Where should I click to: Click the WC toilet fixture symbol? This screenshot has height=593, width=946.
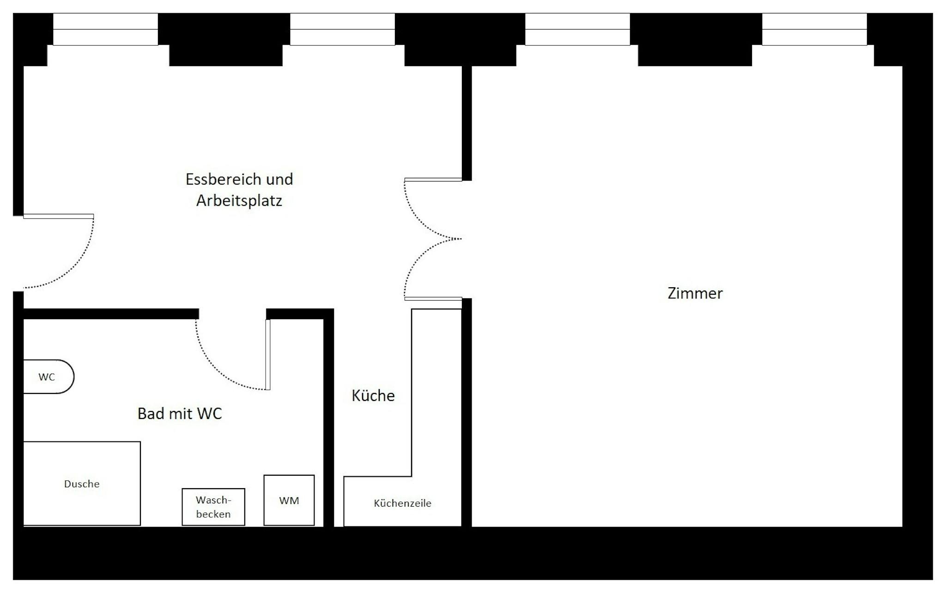click(x=49, y=376)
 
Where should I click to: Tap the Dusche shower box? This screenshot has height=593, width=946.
click(x=82, y=483)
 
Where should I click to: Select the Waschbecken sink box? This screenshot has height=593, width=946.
click(x=213, y=507)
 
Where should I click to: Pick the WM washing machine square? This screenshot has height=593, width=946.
click(x=289, y=500)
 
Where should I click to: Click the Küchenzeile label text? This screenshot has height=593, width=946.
click(x=402, y=503)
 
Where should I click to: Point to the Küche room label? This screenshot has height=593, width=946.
click(x=373, y=395)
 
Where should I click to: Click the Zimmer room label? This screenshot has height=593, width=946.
click(x=695, y=293)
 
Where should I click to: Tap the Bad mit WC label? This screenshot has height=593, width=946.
click(x=180, y=413)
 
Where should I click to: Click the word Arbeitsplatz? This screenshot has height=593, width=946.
click(x=239, y=201)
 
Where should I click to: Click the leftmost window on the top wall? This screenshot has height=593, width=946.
click(x=106, y=29)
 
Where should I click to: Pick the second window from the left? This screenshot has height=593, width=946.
click(x=342, y=29)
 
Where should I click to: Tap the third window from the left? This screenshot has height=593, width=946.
click(x=577, y=29)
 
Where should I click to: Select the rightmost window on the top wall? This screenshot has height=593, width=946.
click(x=814, y=29)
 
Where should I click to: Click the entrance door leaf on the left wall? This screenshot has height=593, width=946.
click(x=59, y=216)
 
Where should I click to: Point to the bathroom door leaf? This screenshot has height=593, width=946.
click(x=268, y=355)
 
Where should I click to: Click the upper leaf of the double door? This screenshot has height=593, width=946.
click(x=433, y=180)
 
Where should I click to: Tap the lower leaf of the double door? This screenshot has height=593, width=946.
click(x=433, y=299)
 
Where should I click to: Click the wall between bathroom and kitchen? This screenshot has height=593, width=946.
click(x=328, y=418)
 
